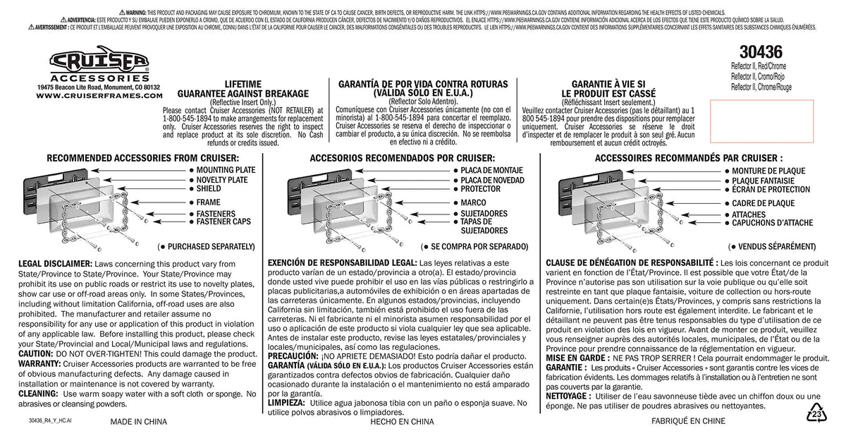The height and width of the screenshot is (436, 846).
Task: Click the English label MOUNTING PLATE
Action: point(226,171)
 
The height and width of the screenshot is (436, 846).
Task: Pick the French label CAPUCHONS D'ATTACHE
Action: point(772,223)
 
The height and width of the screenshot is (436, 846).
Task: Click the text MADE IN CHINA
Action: point(139,422)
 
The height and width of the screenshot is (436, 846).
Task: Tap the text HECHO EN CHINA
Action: point(402,422)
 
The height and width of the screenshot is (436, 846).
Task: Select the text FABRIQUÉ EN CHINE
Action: point(688,422)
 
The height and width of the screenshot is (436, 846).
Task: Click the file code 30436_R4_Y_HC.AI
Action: point(51,420)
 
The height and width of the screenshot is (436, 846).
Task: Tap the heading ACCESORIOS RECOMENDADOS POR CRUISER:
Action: point(402,158)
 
